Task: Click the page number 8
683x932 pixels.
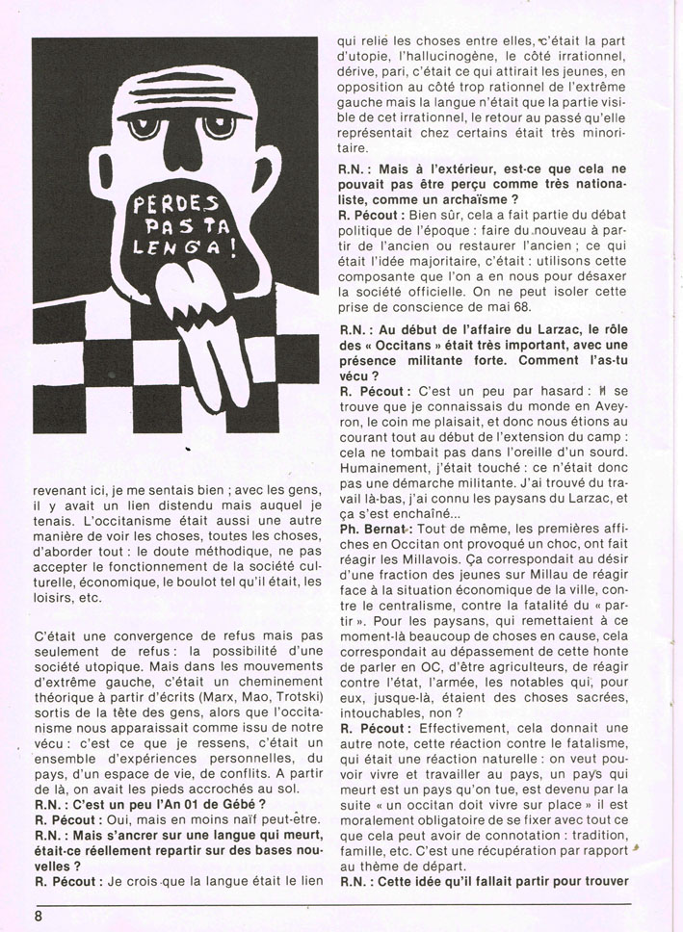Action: tap(39, 916)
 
